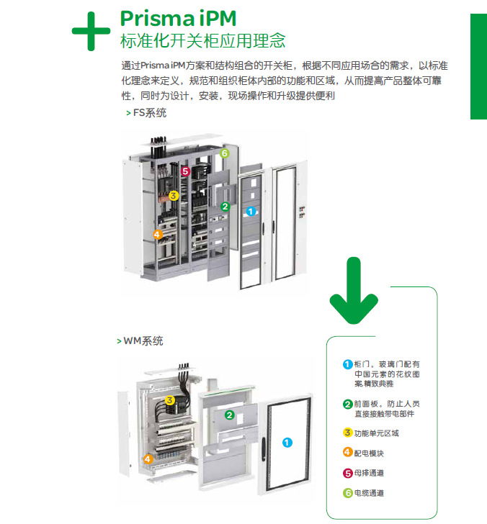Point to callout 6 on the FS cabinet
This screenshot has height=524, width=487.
tap(224, 153)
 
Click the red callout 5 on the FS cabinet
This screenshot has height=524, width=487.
tap(185, 171)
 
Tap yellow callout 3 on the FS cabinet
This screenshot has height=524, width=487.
tap(173, 195)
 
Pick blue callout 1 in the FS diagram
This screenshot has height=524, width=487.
tap(251, 212)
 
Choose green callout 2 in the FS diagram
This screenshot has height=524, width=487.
tap(225, 207)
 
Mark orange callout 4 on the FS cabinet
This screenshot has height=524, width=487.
tap(158, 234)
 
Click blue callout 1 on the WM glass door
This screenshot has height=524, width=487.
tap(287, 443)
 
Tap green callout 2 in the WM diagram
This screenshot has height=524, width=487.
tap(229, 415)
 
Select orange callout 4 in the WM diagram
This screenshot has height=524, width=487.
tap(148, 458)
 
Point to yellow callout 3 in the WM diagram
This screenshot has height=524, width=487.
tap(169, 400)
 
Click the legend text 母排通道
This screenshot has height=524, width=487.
tap(369, 473)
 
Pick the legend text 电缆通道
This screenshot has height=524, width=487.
tap(369, 493)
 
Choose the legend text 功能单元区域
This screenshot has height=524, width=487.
tap(376, 433)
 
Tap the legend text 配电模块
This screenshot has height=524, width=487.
tap(369, 453)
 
